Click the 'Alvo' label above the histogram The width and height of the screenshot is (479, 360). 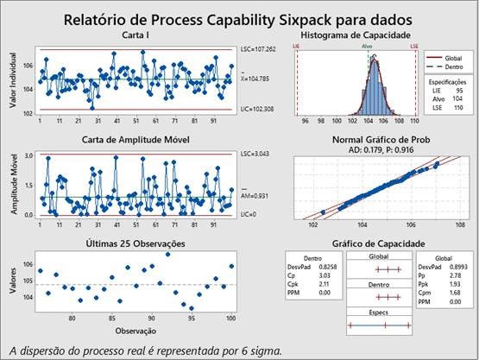click(x=369, y=47)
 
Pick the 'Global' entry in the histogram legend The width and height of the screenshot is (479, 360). click(x=455, y=56)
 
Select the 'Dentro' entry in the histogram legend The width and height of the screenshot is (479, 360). click(x=455, y=66)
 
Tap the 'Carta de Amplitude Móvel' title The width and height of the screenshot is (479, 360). click(x=138, y=140)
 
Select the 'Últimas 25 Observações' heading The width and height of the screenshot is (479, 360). click(x=138, y=243)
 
